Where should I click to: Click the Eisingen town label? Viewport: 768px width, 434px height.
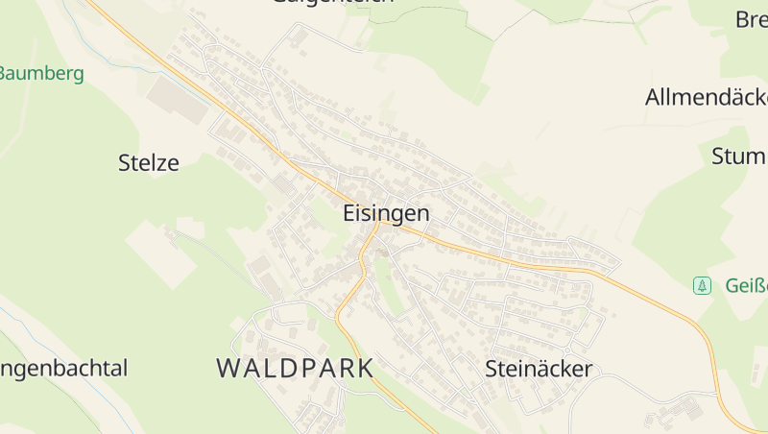pyautogui.click(x=386, y=214)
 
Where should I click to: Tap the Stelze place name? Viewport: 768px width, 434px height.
pyautogui.click(x=149, y=162)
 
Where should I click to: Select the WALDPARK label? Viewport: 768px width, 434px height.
pyautogui.click(x=295, y=368)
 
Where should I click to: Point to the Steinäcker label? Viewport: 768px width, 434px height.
pyautogui.click(x=539, y=369)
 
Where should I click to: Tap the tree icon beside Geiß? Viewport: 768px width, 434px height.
pyautogui.click(x=703, y=285)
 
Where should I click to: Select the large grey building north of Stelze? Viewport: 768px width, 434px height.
pyautogui.click(x=178, y=99)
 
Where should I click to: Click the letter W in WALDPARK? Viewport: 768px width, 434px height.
pyautogui.click(x=228, y=368)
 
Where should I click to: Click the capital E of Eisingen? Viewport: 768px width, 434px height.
pyautogui.click(x=349, y=214)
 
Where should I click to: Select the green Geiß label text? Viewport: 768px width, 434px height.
pyautogui.click(x=745, y=285)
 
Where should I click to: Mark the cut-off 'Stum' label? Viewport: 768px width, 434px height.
pyautogui.click(x=738, y=157)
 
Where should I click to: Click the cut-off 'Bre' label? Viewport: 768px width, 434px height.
pyautogui.click(x=751, y=19)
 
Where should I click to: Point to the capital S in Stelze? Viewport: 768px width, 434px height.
pyautogui.click(x=125, y=162)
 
